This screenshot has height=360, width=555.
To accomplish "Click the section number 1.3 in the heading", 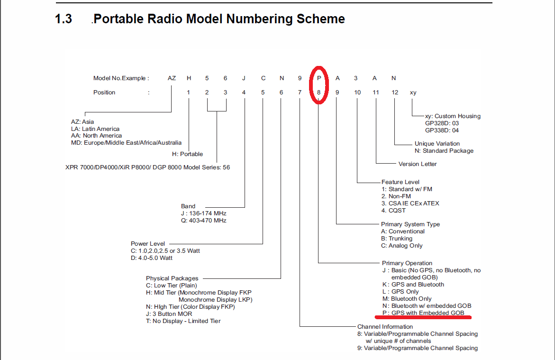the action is click(64, 19).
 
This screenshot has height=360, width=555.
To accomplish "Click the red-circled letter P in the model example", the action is click(319, 78).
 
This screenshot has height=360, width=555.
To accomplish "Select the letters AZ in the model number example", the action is click(172, 78).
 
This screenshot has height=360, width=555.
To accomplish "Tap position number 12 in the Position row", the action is click(395, 92).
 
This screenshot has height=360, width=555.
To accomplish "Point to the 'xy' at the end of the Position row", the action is click(413, 92).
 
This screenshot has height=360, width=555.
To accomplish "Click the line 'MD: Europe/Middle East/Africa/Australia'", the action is click(127, 142).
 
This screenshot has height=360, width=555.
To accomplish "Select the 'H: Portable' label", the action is click(188, 154).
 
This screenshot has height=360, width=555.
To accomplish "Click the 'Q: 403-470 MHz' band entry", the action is click(203, 221).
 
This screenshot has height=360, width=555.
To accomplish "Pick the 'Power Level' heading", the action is click(147, 243).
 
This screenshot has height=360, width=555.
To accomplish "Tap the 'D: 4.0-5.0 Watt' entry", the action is click(152, 258).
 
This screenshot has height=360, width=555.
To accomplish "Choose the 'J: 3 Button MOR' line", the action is click(169, 314).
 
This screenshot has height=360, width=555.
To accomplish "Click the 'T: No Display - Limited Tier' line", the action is click(183, 321).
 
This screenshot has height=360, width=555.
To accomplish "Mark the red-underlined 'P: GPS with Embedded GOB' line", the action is click(423, 313).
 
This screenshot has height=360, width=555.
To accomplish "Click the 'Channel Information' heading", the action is click(385, 327).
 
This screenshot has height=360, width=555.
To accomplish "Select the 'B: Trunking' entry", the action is click(396, 239).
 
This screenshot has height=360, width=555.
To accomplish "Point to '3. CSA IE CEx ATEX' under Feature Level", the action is click(410, 203).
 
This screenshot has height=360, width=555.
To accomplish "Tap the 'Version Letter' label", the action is click(417, 164).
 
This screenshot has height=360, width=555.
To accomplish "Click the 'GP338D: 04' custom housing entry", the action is click(442, 130).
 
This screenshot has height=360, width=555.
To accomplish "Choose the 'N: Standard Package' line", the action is click(444, 150).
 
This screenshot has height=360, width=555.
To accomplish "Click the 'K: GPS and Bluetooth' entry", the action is click(413, 285).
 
